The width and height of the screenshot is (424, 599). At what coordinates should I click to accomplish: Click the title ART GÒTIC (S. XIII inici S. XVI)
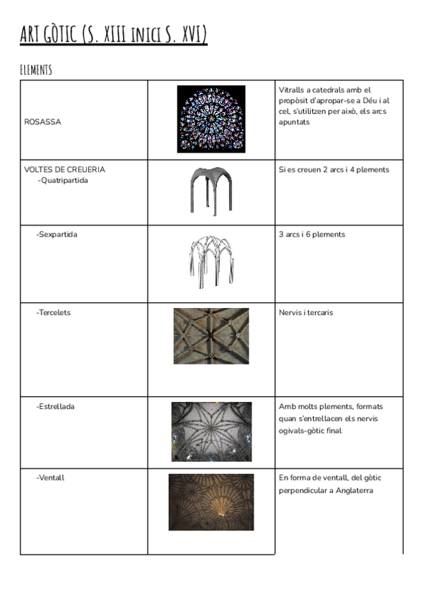pos(114,34)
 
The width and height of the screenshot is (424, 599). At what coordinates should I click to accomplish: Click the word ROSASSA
pos(42,121)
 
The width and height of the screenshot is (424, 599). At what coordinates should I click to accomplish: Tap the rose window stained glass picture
pos(211,119)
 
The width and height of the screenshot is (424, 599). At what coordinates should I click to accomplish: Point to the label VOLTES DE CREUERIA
pos(64,170)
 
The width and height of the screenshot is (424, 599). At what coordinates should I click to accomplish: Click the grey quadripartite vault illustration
pos(211,191)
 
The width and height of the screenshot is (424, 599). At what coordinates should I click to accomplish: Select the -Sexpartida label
pos(57,235)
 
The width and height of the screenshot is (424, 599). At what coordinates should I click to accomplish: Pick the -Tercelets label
pos(54,312)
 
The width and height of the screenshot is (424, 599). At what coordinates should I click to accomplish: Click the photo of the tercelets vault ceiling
pos(211,336)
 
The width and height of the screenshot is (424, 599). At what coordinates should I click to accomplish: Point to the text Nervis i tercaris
pos(306,312)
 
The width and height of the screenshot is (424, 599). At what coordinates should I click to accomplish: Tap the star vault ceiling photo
pos(211,432)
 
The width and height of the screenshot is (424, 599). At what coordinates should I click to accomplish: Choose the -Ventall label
pos(50,478)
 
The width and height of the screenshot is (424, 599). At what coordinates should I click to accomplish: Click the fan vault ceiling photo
pos(211,502)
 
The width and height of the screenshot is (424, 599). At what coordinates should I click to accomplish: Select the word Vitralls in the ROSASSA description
pos(292,90)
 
